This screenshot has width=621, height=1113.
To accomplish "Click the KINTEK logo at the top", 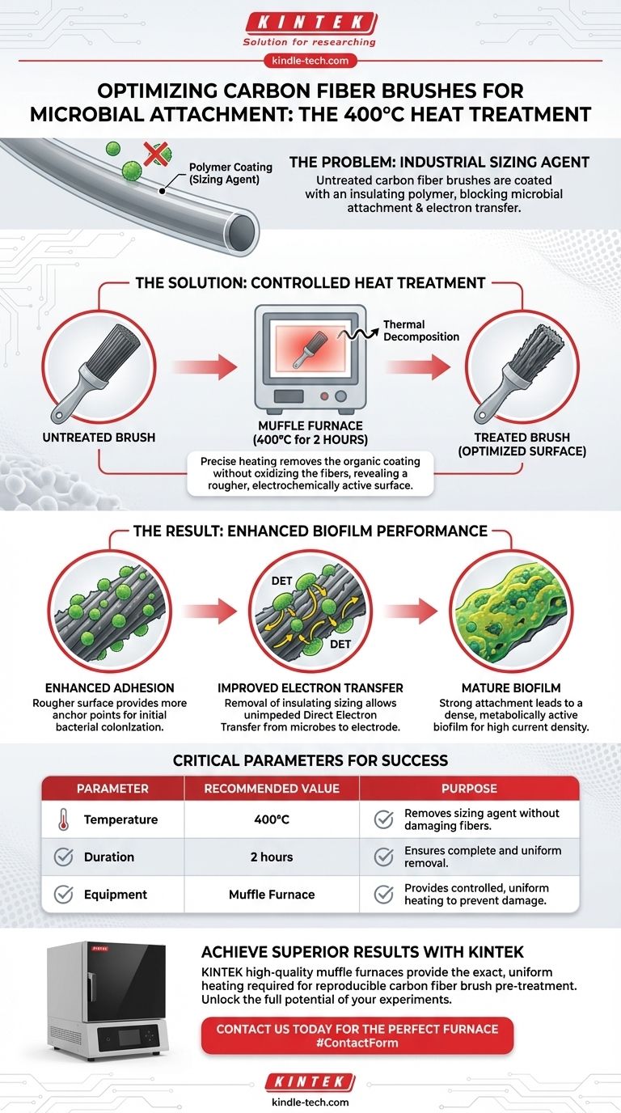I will pos(310,22).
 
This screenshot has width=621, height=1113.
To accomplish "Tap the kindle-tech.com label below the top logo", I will pos(310,60).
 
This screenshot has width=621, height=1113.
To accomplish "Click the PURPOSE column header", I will pos(469,788).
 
